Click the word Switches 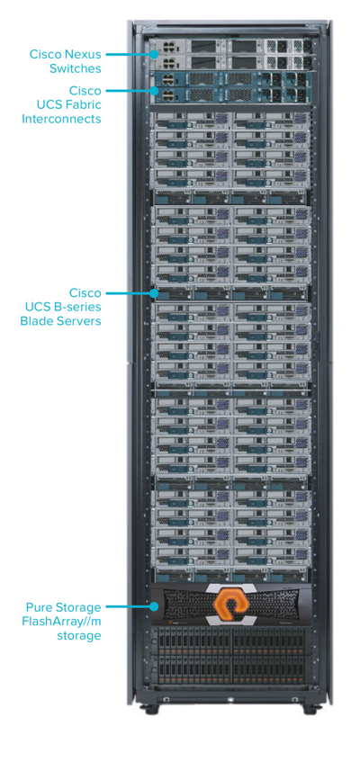pyautogui.click(x=76, y=68)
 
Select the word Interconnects pyautogui.click(x=61, y=119)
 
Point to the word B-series pyautogui.click(x=78, y=307)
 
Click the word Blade pyautogui.click(x=36, y=321)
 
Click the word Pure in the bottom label pyautogui.click(x=37, y=607)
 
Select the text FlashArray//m pyautogui.click(x=62, y=621)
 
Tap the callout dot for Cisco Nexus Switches pyautogui.click(x=155, y=54)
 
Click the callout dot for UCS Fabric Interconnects pyautogui.click(x=155, y=90)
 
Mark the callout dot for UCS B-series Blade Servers pyautogui.click(x=155, y=293)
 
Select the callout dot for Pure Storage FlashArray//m pyautogui.click(x=155, y=606)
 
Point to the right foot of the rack pyautogui.click(x=310, y=709)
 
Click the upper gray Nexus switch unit pyautogui.click(x=229, y=46)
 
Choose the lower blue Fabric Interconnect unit pyautogui.click(x=229, y=94)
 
